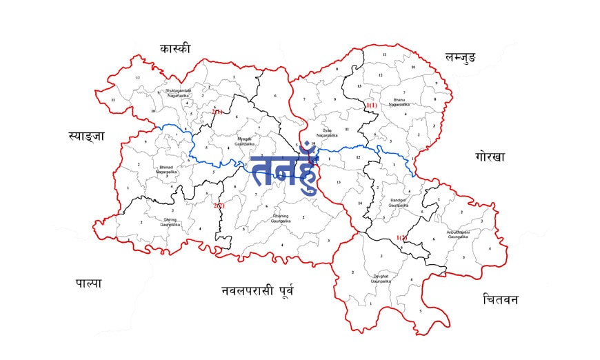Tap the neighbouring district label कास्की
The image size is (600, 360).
click(174, 48)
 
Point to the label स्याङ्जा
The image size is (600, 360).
click(86, 136)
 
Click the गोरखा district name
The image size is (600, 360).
click(490, 157)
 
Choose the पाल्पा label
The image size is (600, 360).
click(88, 283)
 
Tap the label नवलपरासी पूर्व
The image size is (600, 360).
click(257, 290)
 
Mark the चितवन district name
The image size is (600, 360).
click(501, 299)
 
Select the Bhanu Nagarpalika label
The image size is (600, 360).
click(399, 103)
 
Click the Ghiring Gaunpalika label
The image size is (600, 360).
click(170, 222)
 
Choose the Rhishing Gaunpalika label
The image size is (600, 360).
click(283, 218)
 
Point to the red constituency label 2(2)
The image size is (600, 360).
click(219, 205)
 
